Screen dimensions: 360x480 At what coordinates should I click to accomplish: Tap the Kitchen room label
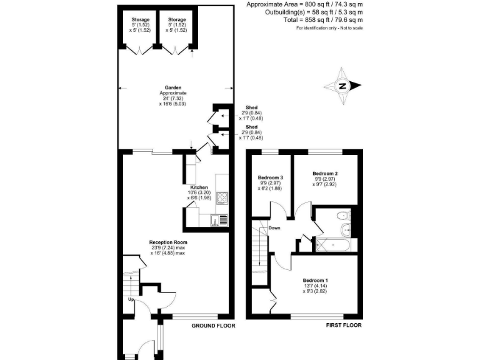coord(199,187)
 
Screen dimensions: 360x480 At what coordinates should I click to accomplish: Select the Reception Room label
coord(167,242)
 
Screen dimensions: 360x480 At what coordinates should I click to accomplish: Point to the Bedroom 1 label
coord(315,281)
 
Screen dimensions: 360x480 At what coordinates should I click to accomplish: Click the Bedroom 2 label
coord(325,173)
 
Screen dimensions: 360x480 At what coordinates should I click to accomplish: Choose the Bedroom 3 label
coord(271,177)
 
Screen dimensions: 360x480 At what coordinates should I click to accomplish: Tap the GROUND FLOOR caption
coord(212,326)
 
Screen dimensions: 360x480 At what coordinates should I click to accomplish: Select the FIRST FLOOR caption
coord(343,326)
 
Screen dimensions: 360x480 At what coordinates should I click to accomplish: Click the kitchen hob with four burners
coord(222,198)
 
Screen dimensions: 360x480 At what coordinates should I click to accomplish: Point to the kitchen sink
coord(219,219)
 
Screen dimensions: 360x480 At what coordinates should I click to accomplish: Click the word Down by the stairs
coord(274,228)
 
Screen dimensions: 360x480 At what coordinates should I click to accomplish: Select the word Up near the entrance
coord(131,299)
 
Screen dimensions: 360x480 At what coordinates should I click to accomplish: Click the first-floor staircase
coord(260,253)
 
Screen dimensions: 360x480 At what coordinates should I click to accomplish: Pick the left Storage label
coord(132,20)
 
